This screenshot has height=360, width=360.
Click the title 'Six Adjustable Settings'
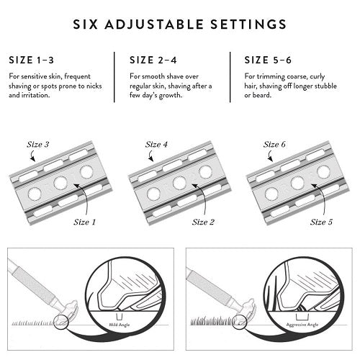coord(180,24)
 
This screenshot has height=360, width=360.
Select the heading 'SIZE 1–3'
coord(30,60)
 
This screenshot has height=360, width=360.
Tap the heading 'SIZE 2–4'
coord(153,60)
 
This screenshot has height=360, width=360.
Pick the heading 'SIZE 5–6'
coord(268,60)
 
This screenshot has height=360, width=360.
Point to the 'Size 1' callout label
coord(87,222)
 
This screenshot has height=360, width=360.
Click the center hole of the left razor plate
coord(59,184)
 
